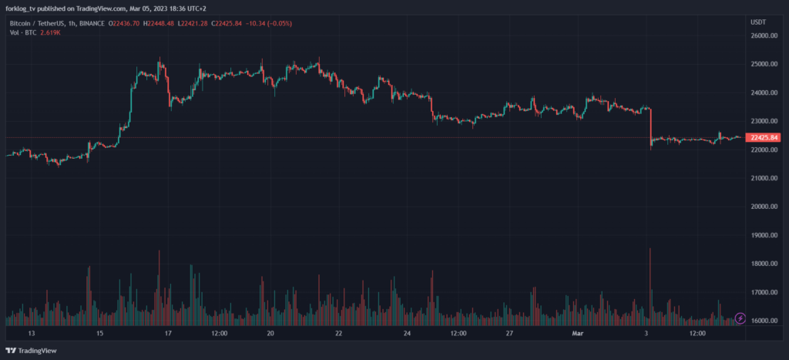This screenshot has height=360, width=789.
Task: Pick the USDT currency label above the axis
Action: tap(758, 22)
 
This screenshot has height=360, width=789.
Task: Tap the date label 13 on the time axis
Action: tap(32, 334)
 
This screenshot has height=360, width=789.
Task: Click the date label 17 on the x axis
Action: tap(167, 334)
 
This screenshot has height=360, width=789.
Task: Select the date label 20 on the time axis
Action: tap(270, 334)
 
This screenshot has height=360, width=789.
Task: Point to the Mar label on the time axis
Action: tap(578, 334)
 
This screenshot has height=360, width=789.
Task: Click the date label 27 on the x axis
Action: tap(509, 334)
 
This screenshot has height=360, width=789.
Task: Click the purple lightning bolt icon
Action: tap(740, 318)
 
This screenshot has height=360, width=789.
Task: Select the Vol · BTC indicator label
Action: tap(22, 32)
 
